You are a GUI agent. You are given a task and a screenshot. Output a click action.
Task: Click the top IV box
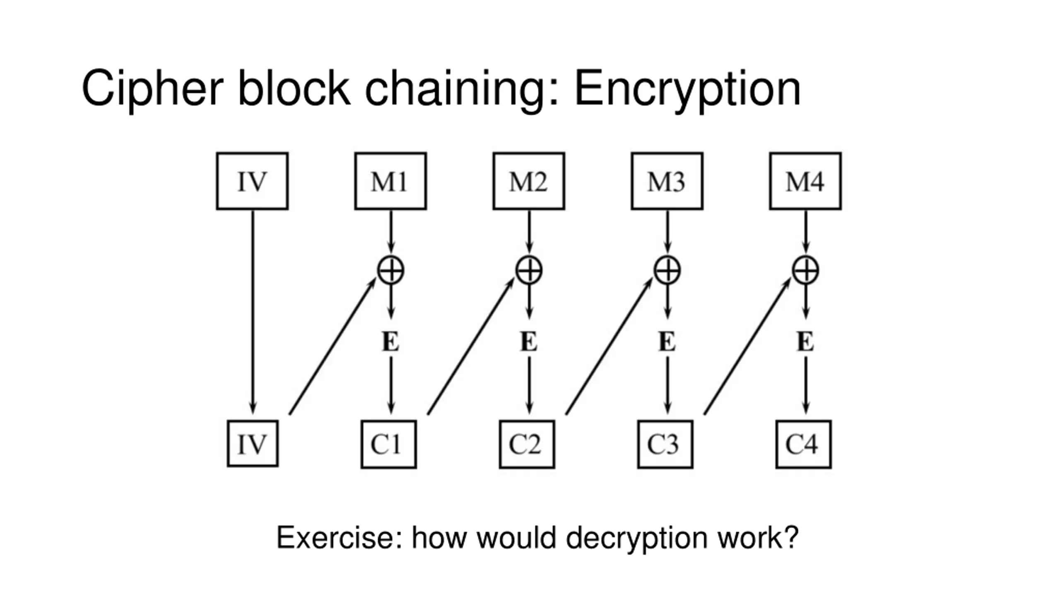(x=252, y=181)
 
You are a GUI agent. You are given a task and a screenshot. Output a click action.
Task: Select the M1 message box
(x=390, y=181)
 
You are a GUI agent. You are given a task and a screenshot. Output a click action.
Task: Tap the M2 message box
(x=529, y=181)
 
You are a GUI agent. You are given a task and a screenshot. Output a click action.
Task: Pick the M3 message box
(x=667, y=181)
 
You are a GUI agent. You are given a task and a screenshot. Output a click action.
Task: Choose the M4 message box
(x=805, y=181)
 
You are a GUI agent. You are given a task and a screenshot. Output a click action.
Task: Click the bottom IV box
(x=253, y=444)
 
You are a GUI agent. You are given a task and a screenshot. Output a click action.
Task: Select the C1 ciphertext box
(x=388, y=444)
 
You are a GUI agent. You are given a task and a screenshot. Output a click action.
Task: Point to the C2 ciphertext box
(x=527, y=444)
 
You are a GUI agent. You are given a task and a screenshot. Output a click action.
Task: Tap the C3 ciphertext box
(x=665, y=444)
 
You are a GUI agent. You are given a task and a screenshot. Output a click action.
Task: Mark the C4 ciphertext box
(x=803, y=444)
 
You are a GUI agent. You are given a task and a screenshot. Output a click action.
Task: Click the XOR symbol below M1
(x=391, y=270)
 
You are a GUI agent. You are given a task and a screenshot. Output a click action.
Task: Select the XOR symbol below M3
(x=667, y=270)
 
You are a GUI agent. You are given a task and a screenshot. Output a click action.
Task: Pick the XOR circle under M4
(x=805, y=270)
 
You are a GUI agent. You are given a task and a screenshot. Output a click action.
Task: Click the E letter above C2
(x=529, y=342)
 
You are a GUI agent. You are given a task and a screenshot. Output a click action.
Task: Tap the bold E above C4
(x=805, y=342)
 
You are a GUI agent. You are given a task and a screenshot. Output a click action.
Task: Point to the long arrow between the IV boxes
(x=253, y=310)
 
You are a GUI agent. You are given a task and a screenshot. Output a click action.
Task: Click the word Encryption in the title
(x=687, y=89)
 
